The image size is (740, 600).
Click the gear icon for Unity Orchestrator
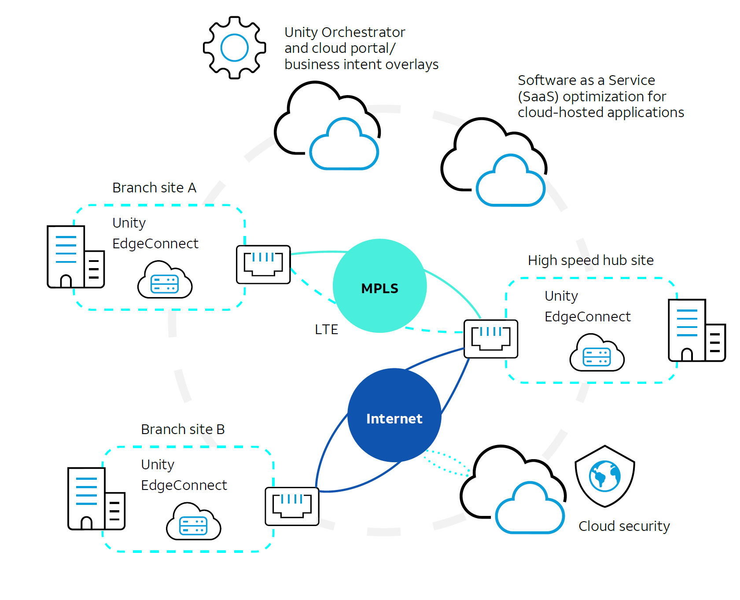[234, 48]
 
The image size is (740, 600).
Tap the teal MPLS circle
[379, 286]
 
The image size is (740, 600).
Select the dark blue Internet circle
[394, 416]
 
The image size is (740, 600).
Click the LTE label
[326, 329]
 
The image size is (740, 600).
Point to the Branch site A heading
[154, 188]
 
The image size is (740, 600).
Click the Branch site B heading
[183, 429]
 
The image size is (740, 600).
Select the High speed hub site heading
[590, 260]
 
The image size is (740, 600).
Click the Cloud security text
[624, 526]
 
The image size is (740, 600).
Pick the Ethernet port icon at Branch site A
[263, 264]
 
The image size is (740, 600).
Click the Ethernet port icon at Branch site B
[292, 506]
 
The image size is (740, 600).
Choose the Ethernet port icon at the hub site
[491, 339]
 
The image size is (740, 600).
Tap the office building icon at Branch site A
[75, 257]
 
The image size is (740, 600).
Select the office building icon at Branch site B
[96, 498]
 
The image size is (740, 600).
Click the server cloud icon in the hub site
[597, 353]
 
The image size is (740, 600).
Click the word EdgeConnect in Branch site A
[155, 243]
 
